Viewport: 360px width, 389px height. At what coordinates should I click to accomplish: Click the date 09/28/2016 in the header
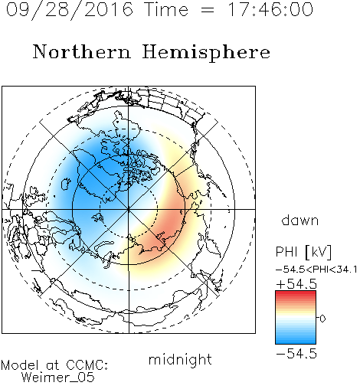(70, 9)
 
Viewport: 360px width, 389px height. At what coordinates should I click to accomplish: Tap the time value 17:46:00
(270, 9)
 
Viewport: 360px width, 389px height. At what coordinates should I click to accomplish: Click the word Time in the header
(166, 9)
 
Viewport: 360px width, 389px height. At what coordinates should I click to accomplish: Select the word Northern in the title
(82, 51)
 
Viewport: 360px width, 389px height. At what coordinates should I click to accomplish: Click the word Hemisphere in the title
(206, 53)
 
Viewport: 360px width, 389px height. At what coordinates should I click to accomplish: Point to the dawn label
(300, 220)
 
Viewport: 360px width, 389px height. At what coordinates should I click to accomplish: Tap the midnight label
(180, 359)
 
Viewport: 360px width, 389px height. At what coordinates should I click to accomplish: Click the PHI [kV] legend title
(303, 252)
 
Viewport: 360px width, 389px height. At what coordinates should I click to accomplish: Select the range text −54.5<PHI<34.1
(316, 270)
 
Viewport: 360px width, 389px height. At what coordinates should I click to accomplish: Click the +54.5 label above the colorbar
(296, 284)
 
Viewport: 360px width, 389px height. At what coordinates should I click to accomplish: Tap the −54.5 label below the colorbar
(296, 354)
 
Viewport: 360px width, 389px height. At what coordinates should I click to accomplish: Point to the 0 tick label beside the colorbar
(322, 319)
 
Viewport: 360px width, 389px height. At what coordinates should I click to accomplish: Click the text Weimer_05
(58, 377)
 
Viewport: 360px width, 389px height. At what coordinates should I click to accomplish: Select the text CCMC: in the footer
(87, 365)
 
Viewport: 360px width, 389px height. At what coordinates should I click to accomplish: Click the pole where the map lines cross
(129, 209)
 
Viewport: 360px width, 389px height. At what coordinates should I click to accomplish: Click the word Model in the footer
(20, 365)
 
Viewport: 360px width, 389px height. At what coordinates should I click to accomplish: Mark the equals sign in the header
(208, 10)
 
